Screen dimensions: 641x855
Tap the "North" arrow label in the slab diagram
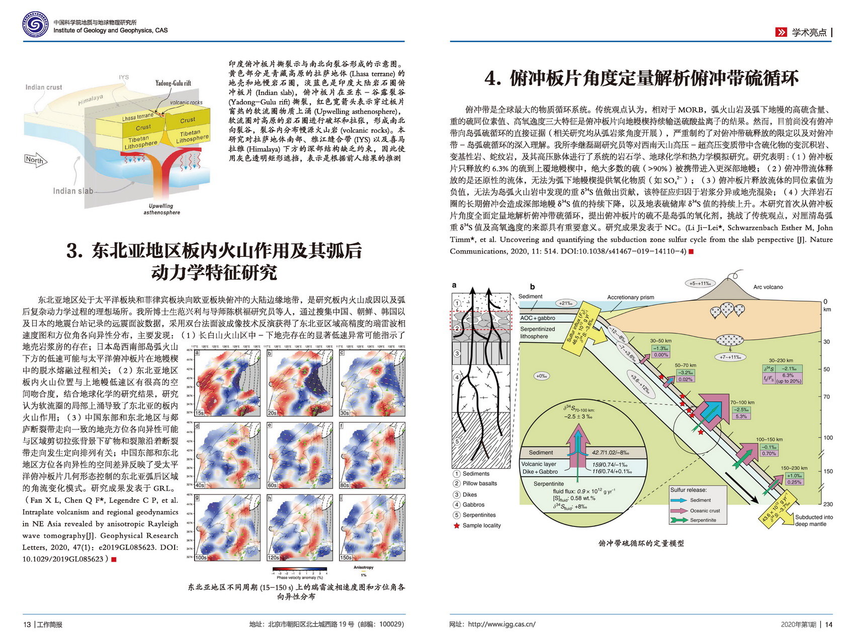pyautogui.click(x=34, y=160)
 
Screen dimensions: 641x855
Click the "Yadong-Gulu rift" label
pyautogui.click(x=173, y=83)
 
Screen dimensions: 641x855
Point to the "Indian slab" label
pyautogui.click(x=73, y=191)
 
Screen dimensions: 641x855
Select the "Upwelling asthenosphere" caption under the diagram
pyautogui.click(x=161, y=209)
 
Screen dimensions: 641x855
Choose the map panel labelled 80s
pyautogui.click(x=373, y=455)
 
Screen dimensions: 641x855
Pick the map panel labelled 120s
pyautogui.click(x=300, y=528)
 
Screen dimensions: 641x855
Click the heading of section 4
pyautogui.click(x=641, y=79)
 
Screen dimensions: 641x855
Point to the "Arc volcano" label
pyautogui.click(x=768, y=287)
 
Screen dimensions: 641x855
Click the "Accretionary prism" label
pyautogui.click(x=631, y=297)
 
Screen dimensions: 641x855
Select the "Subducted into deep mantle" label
pyautogui.click(x=814, y=520)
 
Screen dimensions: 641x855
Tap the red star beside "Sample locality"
pyautogui.click(x=457, y=525)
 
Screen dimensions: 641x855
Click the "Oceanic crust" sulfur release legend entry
pyautogui.click(x=705, y=510)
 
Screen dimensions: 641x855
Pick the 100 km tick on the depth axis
pyautogui.click(x=828, y=437)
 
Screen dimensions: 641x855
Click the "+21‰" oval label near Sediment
pyautogui.click(x=565, y=303)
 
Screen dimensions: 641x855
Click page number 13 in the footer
pyautogui.click(x=27, y=624)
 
